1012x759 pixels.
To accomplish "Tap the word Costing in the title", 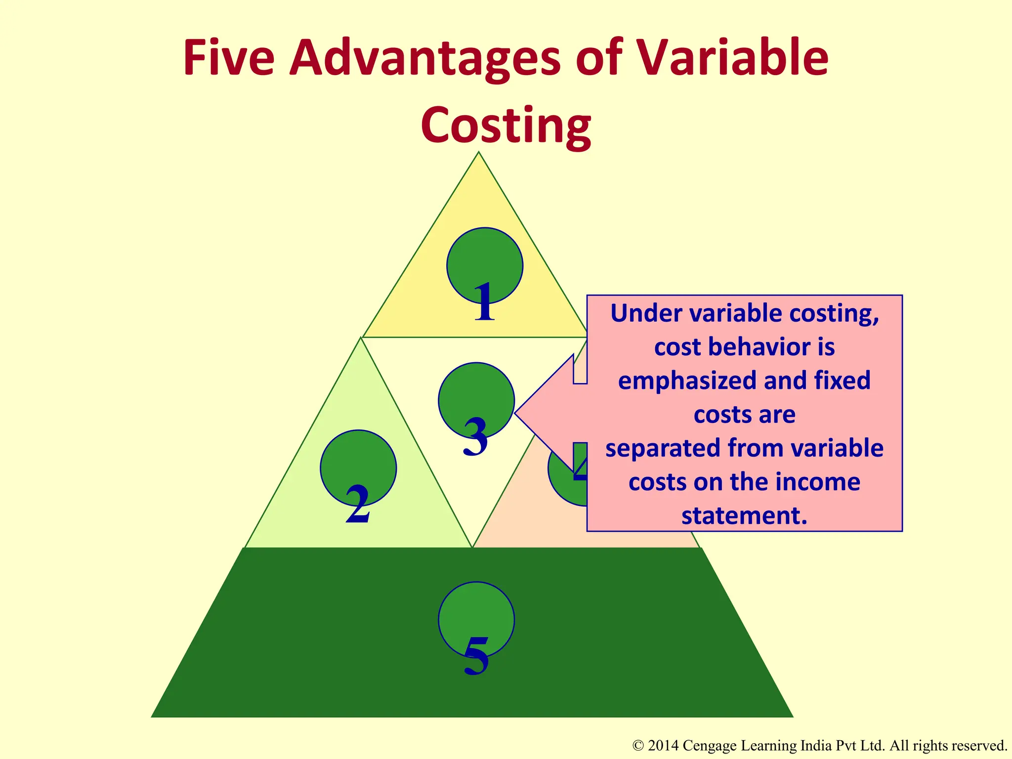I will click(506, 126).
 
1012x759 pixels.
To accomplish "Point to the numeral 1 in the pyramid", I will click(484, 302).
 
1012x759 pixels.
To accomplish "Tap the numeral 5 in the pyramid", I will click(476, 656).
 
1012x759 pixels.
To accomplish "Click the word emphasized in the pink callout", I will click(687, 381).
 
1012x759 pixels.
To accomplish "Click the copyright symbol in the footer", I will click(638, 746).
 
